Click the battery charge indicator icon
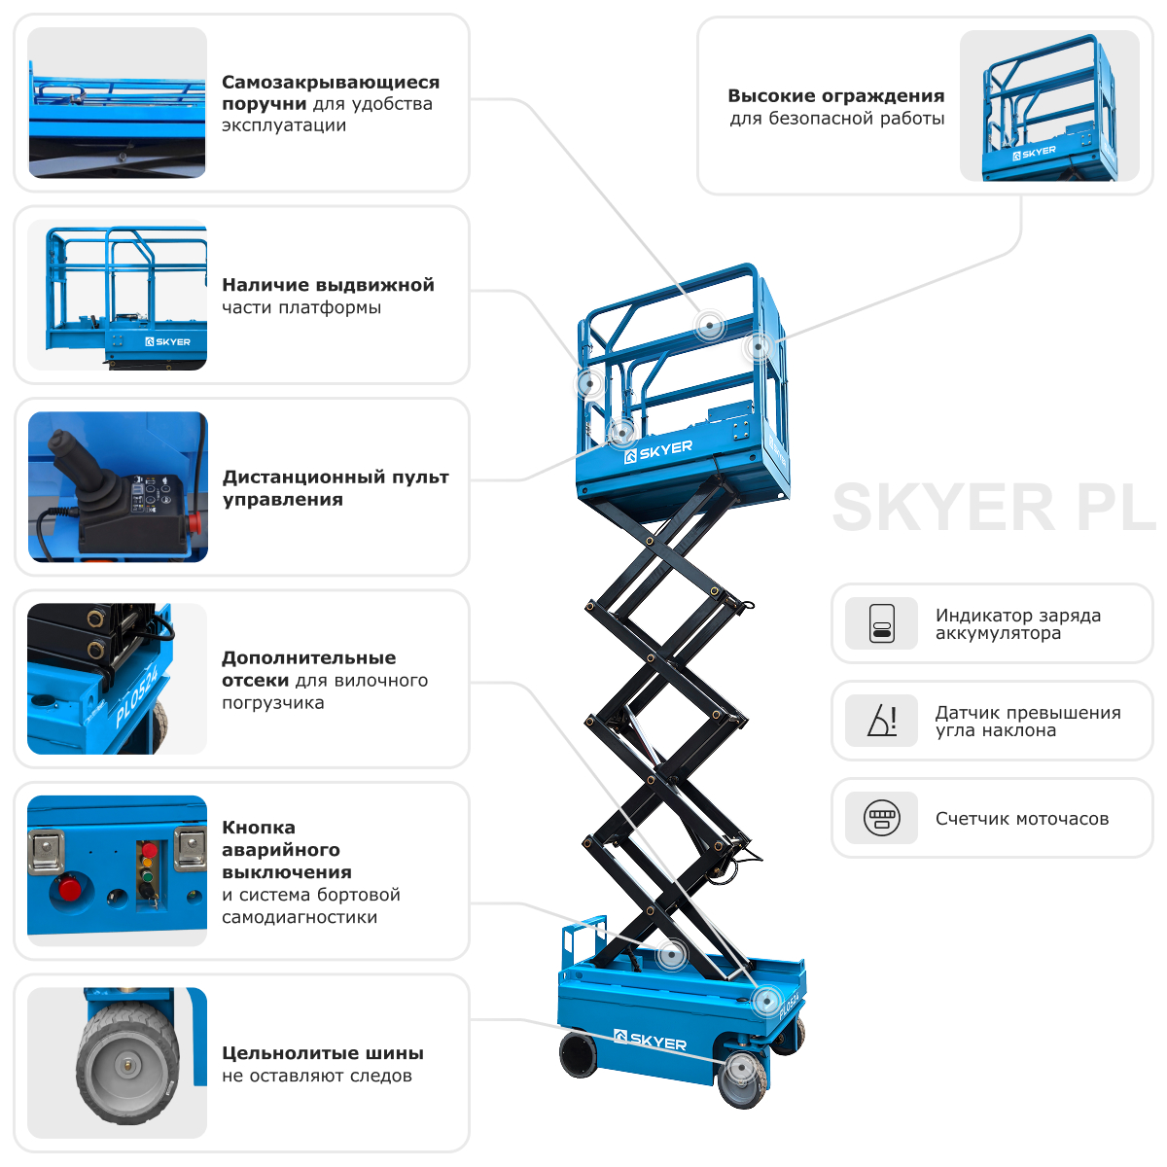881,623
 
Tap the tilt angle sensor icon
881,721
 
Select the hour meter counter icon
881,818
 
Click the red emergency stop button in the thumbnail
69,888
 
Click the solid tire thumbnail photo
118,1062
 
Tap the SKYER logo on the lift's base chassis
651,1041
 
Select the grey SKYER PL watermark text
992,508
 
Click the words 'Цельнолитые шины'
322,1053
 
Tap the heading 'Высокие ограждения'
835,96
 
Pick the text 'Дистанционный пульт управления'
336,488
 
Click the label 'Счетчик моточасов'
1021,819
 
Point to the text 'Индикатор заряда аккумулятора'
1017,624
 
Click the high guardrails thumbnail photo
1049,106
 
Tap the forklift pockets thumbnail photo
118,679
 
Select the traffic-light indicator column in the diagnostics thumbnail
148,871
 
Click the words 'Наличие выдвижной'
328,285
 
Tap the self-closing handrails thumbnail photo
118,103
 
